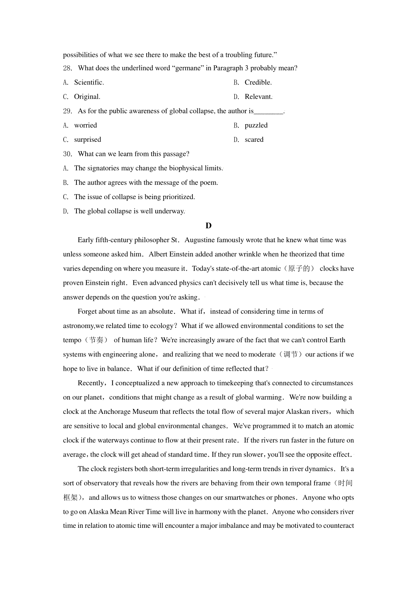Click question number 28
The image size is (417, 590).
[67, 68]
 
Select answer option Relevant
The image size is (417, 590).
[258, 97]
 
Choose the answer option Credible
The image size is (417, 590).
[258, 82]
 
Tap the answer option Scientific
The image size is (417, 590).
[89, 82]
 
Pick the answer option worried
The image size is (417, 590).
[85, 125]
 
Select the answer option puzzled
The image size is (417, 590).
[256, 125]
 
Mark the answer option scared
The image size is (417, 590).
[254, 139]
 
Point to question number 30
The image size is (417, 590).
[67, 154]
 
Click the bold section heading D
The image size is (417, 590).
[208, 226]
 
